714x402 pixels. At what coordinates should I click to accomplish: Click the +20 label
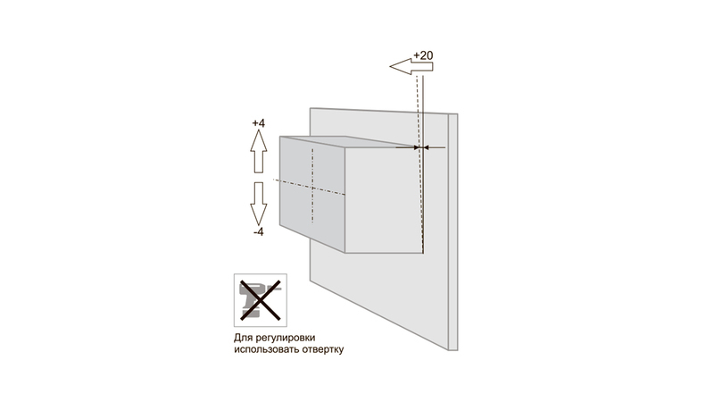[423, 55]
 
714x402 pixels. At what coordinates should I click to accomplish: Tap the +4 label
[259, 123]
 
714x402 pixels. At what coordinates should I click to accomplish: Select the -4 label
[259, 232]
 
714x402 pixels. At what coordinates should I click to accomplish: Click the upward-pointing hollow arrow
[259, 151]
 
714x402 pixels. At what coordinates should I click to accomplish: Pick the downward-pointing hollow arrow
[259, 204]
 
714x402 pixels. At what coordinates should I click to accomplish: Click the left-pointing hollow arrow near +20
[411, 66]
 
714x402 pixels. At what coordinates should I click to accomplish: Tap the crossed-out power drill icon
[261, 300]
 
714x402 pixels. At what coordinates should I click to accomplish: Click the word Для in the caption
[241, 338]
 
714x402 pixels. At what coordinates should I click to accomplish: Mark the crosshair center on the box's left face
[312, 188]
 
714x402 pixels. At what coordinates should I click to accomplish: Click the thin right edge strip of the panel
[453, 232]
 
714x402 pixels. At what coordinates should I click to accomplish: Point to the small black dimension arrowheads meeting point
[420, 147]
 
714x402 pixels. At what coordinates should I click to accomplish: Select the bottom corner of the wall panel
[449, 350]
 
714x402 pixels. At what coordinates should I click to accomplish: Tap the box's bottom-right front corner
[423, 253]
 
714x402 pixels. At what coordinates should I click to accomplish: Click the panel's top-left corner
[310, 108]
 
